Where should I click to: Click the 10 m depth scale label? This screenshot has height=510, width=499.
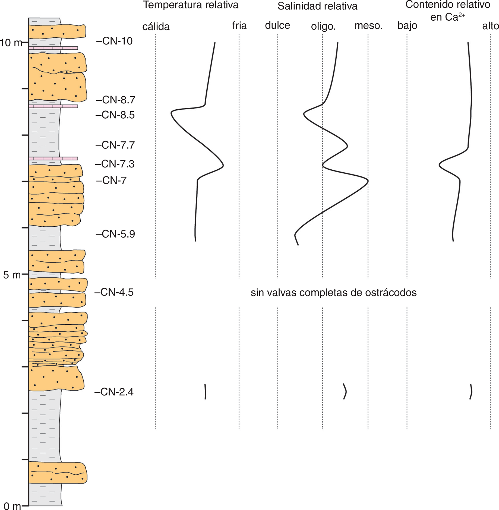[11, 43]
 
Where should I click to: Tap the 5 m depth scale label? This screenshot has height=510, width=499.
[12, 275]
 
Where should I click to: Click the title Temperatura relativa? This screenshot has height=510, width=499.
[191, 5]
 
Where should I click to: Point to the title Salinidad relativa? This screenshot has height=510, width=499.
[317, 6]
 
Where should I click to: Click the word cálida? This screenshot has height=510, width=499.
[156, 27]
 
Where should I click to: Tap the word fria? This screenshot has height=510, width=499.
[239, 26]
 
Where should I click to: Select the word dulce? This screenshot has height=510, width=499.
[277, 26]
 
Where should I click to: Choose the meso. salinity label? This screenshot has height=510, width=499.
[368, 26]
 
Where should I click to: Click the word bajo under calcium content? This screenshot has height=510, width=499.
[407, 26]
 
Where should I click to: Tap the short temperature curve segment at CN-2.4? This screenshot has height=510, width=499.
[205, 392]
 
